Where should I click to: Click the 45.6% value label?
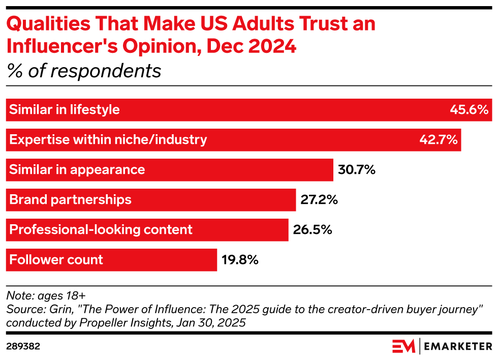click(x=469, y=110)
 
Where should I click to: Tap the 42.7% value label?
click(x=438, y=139)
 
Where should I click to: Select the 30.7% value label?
click(x=357, y=170)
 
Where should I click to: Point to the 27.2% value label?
click(x=319, y=199)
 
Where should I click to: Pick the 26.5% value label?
click(x=313, y=229)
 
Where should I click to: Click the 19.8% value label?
click(x=240, y=260)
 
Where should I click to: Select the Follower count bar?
click(x=111, y=260)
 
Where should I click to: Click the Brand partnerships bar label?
click(x=70, y=199)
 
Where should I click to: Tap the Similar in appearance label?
click(x=77, y=170)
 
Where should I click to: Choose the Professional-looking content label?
click(x=101, y=229)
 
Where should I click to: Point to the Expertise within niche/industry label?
click(x=108, y=139)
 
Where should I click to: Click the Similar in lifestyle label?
click(x=64, y=110)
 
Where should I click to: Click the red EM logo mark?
click(x=403, y=346)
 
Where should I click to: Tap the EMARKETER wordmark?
click(x=458, y=346)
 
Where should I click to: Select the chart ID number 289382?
click(x=23, y=346)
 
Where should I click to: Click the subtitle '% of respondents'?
click(x=84, y=71)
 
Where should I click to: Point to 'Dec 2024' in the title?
click(x=251, y=46)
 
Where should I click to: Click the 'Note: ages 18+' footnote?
click(x=46, y=296)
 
